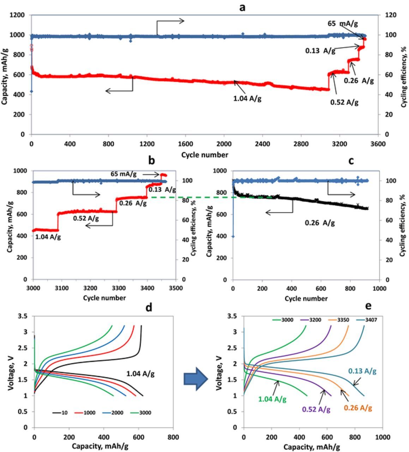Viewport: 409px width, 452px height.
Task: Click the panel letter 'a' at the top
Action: [x=242, y=7]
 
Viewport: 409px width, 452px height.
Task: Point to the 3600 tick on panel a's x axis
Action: [x=378, y=144]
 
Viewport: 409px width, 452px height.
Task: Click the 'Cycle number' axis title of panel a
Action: [x=205, y=155]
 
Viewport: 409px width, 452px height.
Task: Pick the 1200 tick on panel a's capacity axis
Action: [x=17, y=15]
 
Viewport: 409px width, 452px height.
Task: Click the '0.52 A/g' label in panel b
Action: [x=86, y=219]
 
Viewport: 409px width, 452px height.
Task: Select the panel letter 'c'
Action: [x=351, y=161]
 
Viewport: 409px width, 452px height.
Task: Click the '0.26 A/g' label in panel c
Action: [x=320, y=223]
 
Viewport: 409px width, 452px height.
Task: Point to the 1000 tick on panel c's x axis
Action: [x=379, y=288]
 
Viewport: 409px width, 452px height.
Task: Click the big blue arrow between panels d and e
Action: [x=197, y=379]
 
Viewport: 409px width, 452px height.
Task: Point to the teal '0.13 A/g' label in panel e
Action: [x=362, y=371]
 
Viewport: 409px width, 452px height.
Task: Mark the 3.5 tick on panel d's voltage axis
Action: [x=23, y=316]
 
